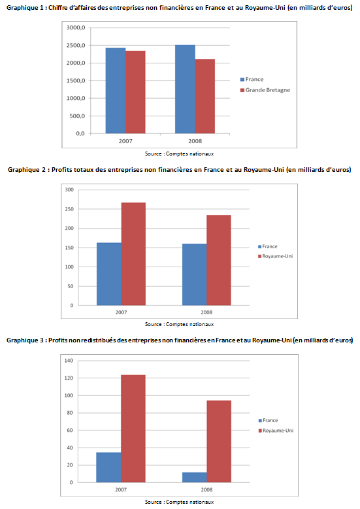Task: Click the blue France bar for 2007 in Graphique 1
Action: pyautogui.click(x=116, y=91)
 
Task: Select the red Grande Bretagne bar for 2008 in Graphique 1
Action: pyautogui.click(x=205, y=96)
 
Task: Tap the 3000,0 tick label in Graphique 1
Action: pyautogui.click(x=76, y=28)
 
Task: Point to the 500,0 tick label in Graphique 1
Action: pyautogui.click(x=77, y=116)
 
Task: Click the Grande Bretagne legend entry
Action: pyautogui.click(x=265, y=90)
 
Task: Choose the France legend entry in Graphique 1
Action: pyautogui.click(x=252, y=79)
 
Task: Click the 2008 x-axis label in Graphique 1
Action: pyautogui.click(x=195, y=141)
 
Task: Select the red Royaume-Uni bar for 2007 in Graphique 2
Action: pyautogui.click(x=133, y=254)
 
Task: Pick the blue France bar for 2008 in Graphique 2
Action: pyautogui.click(x=195, y=274)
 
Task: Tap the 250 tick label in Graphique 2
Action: pyautogui.click(x=69, y=209)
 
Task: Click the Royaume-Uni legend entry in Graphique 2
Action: pyautogui.click(x=275, y=256)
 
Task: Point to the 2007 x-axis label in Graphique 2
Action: pyautogui.click(x=121, y=312)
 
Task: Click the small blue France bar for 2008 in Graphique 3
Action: pyautogui.click(x=195, y=477)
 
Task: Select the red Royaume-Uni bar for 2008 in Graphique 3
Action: pyautogui.click(x=219, y=442)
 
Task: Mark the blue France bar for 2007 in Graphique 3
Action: pyautogui.click(x=108, y=467)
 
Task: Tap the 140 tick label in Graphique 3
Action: pyautogui.click(x=69, y=360)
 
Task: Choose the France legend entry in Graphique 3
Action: pyautogui.click(x=268, y=420)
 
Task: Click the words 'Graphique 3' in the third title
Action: pyautogui.click(x=25, y=340)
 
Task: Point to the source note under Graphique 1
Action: pyautogui.click(x=179, y=154)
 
